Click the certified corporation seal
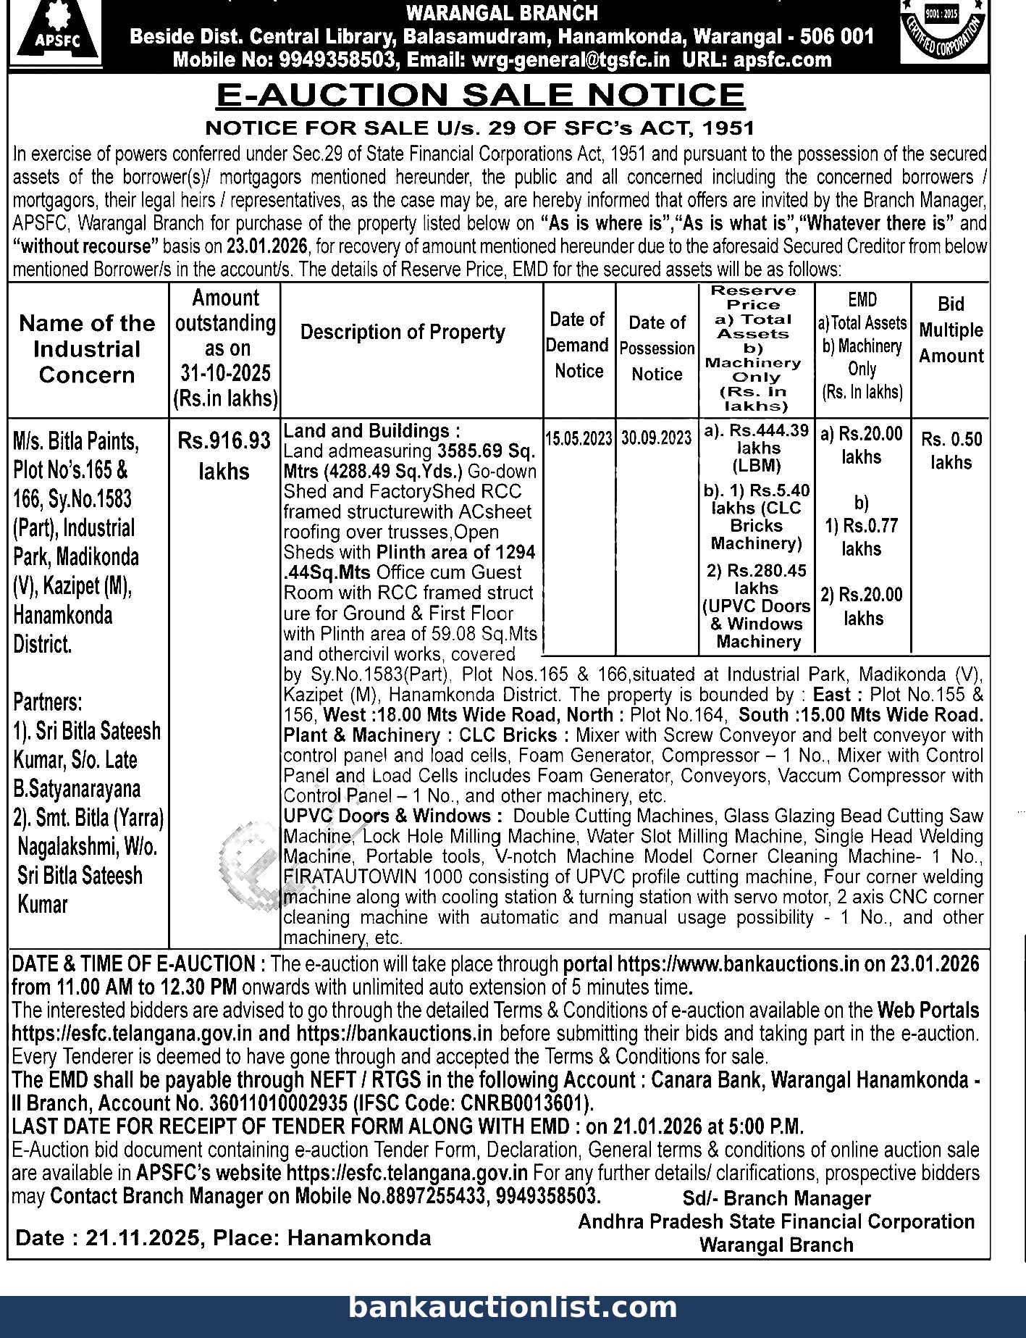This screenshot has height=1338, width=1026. [943, 32]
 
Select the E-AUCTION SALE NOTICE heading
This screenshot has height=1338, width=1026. [480, 95]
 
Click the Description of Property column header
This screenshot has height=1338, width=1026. [403, 333]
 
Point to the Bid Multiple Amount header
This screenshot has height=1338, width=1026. [951, 330]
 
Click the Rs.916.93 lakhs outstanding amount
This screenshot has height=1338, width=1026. [224, 455]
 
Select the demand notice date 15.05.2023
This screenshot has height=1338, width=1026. [579, 439]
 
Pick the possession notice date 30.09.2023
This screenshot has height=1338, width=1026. [657, 438]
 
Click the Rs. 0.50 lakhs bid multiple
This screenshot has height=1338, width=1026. [951, 451]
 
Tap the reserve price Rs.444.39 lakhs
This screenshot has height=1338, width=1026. [757, 439]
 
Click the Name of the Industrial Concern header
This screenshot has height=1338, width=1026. [87, 349]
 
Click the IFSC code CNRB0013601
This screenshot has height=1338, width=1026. [529, 1103]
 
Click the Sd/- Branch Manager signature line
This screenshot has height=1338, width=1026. [776, 1199]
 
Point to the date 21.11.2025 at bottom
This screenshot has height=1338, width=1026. [142, 1237]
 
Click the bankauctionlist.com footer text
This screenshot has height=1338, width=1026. [513, 1308]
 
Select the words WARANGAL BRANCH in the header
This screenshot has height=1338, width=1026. [502, 13]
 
